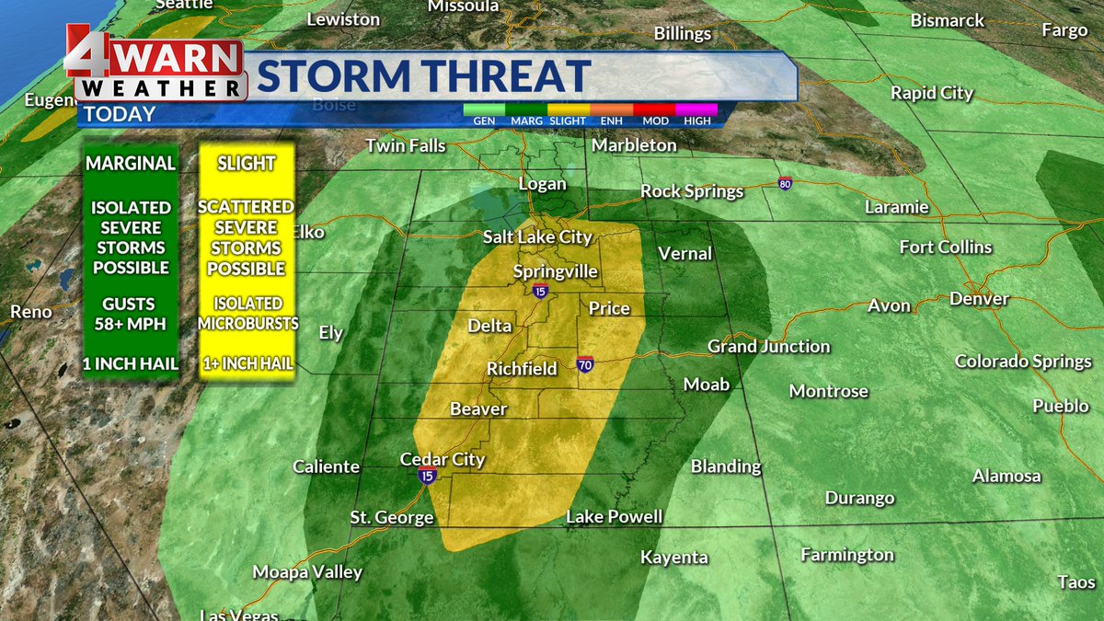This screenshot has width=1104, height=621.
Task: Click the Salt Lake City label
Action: (x=537, y=237)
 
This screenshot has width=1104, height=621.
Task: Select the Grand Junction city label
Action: (x=768, y=347)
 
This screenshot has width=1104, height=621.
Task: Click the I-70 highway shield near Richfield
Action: (x=585, y=365)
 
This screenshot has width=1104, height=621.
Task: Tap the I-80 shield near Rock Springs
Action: (x=785, y=183)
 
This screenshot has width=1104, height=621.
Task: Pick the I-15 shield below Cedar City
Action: (x=426, y=476)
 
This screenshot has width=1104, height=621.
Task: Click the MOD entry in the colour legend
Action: (x=655, y=121)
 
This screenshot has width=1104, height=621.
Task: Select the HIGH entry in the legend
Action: (x=696, y=121)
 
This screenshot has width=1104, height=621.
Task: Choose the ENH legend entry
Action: (x=612, y=121)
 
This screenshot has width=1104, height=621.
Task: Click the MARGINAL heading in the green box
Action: (x=130, y=164)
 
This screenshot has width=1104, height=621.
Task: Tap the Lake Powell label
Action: (x=614, y=517)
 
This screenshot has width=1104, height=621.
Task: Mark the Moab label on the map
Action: (x=706, y=385)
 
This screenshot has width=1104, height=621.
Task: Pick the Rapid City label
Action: (x=932, y=93)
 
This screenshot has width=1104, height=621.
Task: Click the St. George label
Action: (x=391, y=518)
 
